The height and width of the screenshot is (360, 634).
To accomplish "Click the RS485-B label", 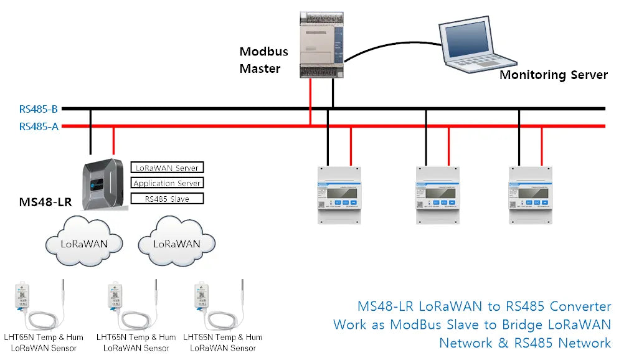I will [39, 109].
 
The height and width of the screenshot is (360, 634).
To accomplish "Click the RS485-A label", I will [39, 126].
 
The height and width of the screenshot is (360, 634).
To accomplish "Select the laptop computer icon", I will [476, 44].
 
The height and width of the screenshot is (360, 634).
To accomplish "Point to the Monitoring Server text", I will [553, 75].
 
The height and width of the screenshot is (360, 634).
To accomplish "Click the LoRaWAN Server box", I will [167, 168].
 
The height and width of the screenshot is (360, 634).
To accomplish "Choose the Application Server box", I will [167, 183].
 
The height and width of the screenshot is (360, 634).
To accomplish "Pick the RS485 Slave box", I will [167, 199].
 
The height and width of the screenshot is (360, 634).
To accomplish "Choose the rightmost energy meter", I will [529, 195].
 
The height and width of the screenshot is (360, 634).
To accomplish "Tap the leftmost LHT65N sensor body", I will [22, 295].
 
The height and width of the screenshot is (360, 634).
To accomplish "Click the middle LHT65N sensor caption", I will [136, 342].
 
